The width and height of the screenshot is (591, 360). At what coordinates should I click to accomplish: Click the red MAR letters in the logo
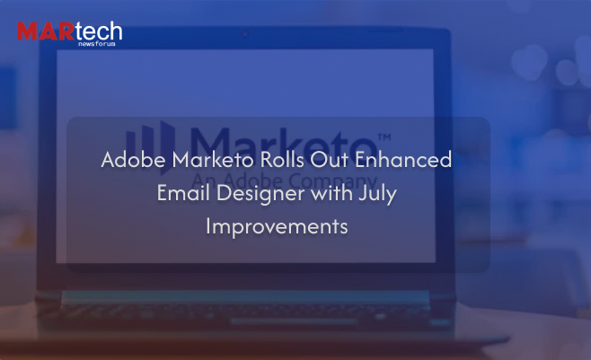point(46,31)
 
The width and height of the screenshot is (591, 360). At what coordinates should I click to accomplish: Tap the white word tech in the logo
point(99,31)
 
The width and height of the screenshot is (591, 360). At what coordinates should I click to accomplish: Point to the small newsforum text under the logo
point(97,44)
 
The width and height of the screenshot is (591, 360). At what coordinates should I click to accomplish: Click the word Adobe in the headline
point(134,159)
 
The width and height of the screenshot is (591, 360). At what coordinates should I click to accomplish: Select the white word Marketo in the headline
point(213,159)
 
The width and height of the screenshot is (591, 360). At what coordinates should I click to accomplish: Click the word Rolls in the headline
point(282,159)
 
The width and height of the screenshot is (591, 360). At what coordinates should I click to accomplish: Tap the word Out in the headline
point(329,159)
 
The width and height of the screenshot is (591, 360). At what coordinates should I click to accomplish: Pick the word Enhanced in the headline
point(403,159)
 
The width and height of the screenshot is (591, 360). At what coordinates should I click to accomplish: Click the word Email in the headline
point(183,193)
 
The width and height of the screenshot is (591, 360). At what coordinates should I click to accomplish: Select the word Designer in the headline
point(260,194)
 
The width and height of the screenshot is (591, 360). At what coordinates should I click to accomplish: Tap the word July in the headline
point(377,194)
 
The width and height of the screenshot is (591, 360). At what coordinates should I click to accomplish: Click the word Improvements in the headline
point(277,227)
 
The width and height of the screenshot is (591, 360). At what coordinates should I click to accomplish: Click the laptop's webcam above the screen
point(244,34)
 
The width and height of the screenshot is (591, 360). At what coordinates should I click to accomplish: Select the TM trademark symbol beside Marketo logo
point(384,136)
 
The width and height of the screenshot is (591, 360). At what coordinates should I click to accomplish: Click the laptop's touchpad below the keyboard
point(293,321)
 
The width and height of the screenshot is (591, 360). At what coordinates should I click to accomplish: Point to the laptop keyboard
point(242,310)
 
